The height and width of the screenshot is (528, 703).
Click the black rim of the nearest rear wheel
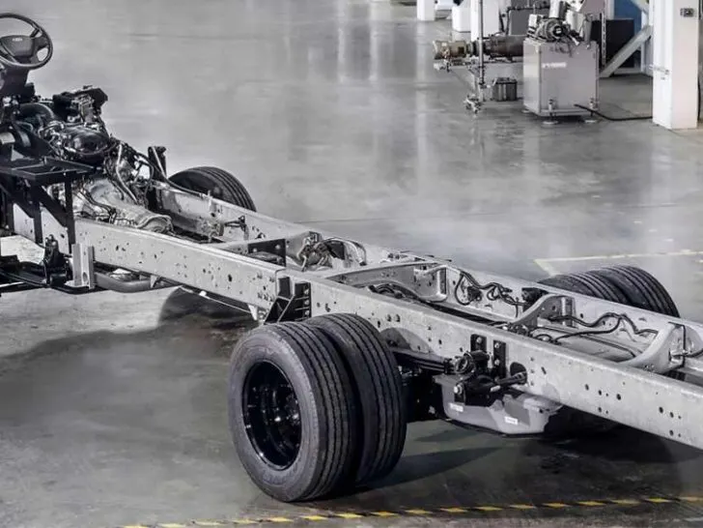(x=271, y=414)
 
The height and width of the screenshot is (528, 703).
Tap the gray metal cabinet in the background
(x=559, y=78)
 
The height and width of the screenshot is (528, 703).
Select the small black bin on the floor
(x=504, y=89)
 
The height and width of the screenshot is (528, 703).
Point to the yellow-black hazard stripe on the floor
(x=435, y=510)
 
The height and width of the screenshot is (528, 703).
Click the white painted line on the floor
(x=618, y=256)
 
